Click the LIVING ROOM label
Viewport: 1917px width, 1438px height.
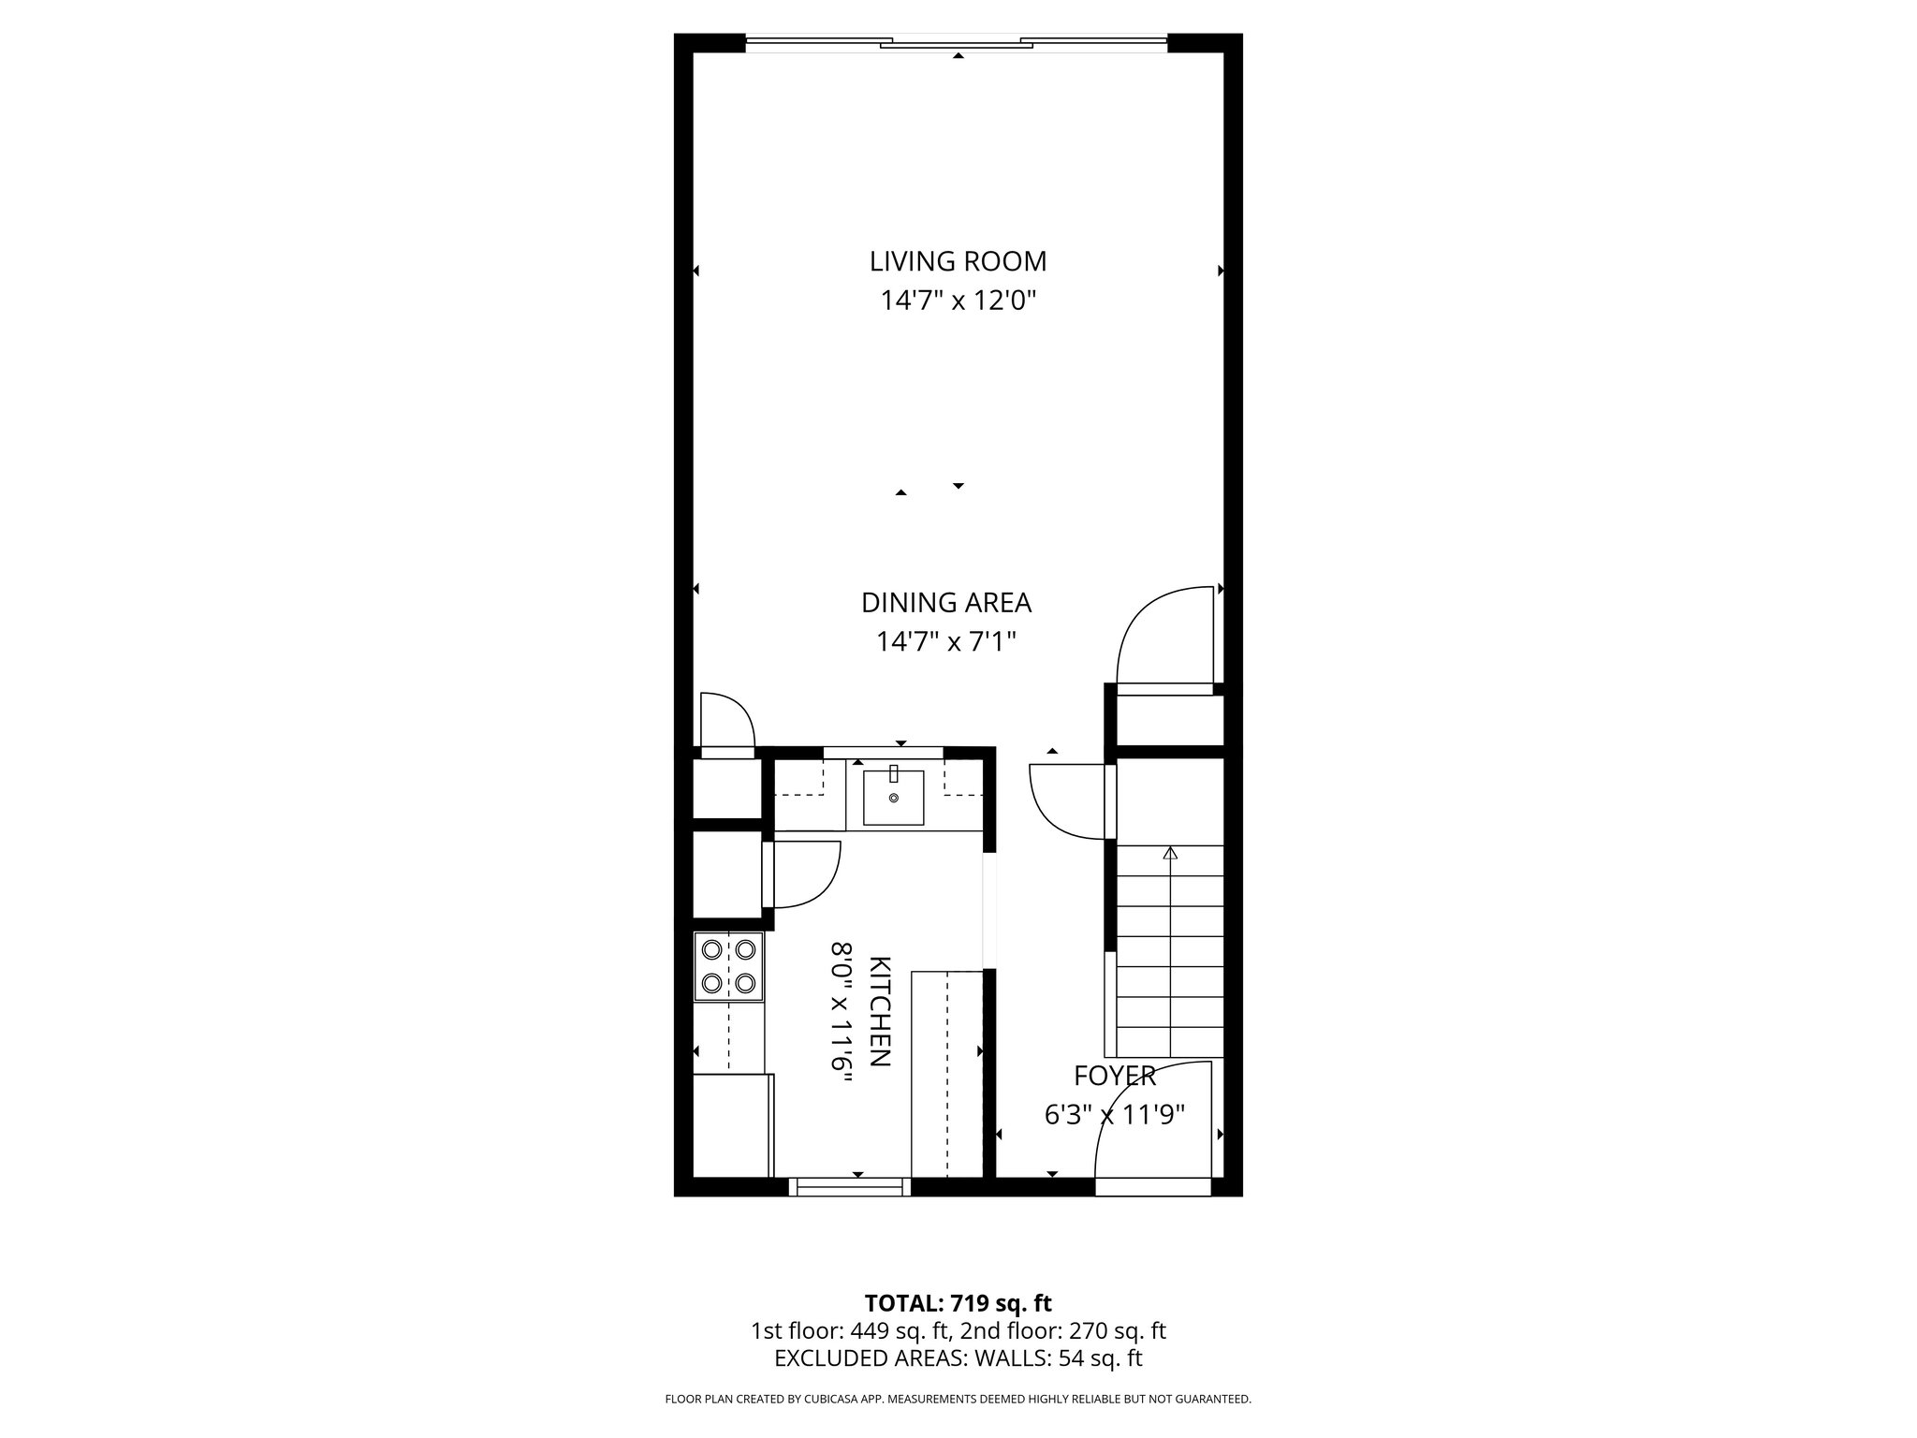click(958, 261)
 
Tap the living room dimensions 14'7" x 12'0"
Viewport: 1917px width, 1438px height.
click(958, 301)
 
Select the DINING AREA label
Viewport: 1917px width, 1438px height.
click(946, 603)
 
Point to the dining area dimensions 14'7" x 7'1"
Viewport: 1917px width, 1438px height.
click(946, 642)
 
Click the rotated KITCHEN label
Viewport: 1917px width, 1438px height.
click(880, 1011)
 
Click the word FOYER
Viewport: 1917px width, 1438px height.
click(1114, 1077)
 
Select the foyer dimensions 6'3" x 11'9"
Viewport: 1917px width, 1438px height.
click(1114, 1115)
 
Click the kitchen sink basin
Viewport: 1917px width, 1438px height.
click(893, 798)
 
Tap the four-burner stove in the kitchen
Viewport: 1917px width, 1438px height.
click(728, 966)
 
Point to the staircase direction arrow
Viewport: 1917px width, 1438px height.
click(1169, 854)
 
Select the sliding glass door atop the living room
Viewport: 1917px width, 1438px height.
click(957, 41)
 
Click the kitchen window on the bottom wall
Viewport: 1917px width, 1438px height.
click(849, 1187)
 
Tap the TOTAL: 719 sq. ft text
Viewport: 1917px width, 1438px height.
click(958, 1303)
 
